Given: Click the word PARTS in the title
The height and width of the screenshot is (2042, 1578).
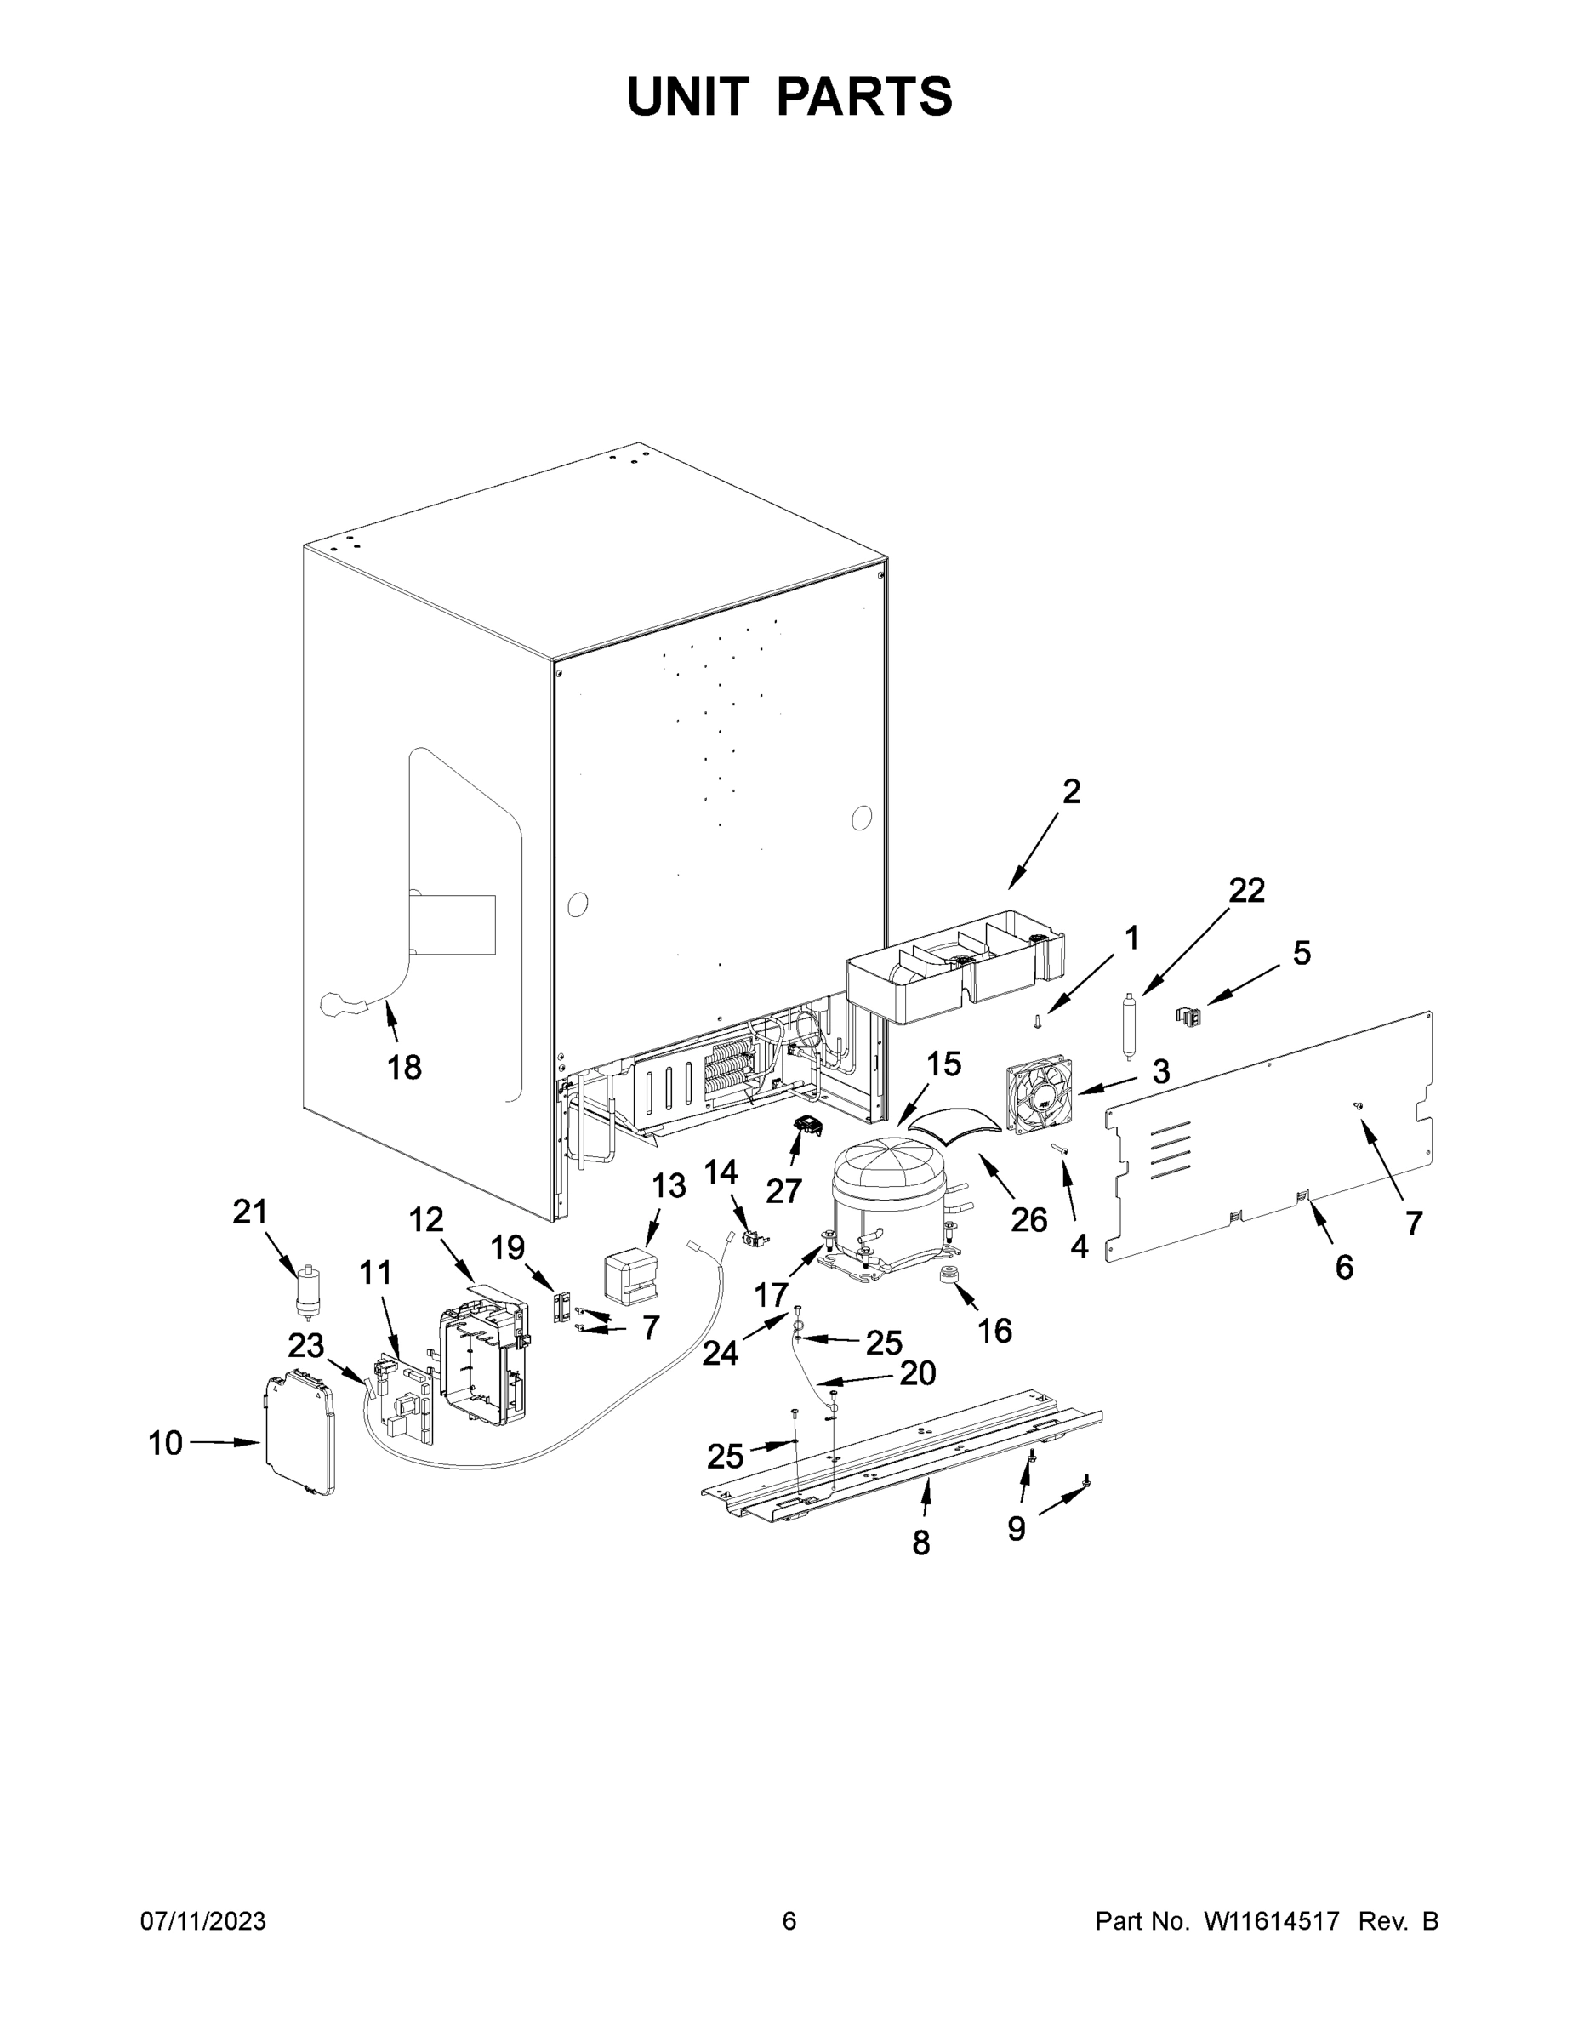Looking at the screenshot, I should pos(863,96).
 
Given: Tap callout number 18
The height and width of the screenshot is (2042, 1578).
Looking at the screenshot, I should pos(404,1067).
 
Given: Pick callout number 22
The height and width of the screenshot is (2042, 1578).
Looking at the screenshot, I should pos(1245,890).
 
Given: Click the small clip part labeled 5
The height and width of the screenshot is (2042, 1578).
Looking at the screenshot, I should pos(1188,1014).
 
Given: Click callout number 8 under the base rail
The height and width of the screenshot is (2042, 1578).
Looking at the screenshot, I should pos(920,1543).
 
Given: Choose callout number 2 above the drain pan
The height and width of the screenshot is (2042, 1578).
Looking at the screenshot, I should pos(1071,792).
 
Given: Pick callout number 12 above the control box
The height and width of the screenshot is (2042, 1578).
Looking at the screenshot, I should pos(426,1219).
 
